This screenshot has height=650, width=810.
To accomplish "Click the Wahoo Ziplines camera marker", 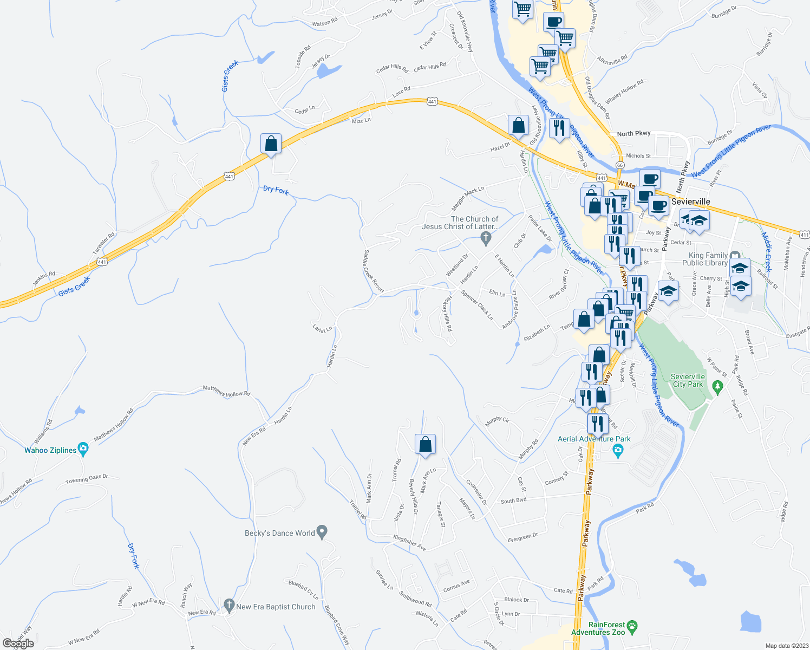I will [x=83, y=448].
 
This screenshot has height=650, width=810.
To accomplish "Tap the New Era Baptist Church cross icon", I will [x=229, y=604].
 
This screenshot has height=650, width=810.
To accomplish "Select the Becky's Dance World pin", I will [x=322, y=532].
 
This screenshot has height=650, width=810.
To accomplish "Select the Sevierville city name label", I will [x=690, y=201].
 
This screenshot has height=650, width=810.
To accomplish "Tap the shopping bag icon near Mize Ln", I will [x=271, y=145].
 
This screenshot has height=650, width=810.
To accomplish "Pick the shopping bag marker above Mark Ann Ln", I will [x=426, y=444].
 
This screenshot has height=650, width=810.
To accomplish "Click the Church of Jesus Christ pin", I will [x=486, y=237].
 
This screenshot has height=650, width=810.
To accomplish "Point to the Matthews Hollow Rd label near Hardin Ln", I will [x=226, y=391].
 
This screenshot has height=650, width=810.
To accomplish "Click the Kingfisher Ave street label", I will [x=409, y=543].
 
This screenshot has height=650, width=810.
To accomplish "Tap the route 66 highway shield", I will [x=620, y=165].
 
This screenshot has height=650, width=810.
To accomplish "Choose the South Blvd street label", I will [x=513, y=500].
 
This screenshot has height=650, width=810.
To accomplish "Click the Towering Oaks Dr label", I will [x=87, y=479].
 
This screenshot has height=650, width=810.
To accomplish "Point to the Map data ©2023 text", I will [x=786, y=646].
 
